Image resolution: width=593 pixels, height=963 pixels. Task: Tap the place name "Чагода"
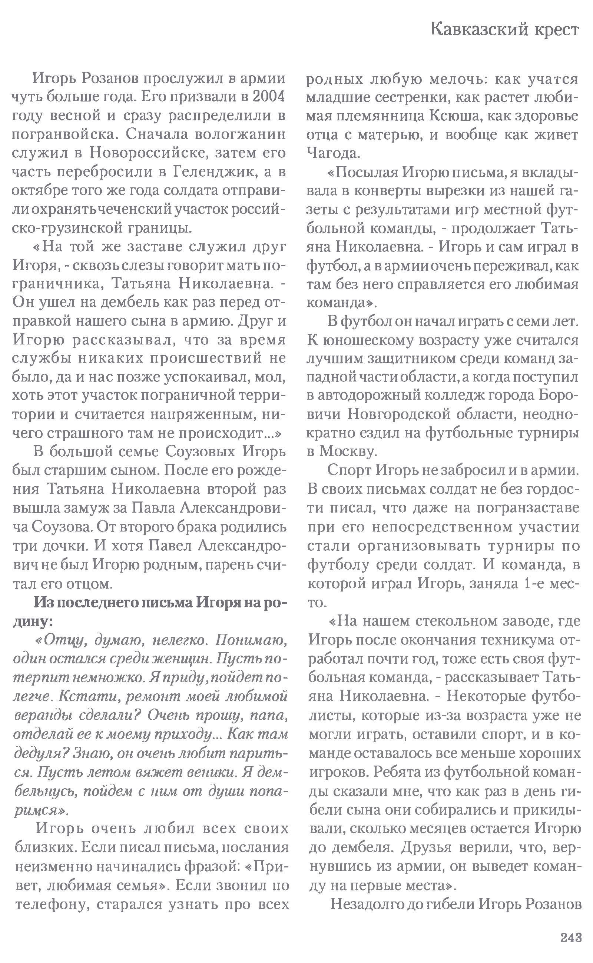(x=332, y=153)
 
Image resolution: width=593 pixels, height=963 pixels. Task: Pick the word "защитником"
(x=408, y=358)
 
